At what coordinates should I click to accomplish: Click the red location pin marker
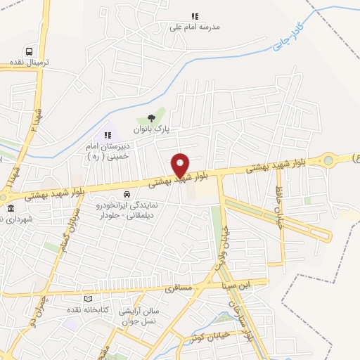point(181,165)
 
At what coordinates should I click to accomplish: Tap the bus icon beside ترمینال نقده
point(29,51)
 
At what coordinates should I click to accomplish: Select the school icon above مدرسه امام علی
point(195,16)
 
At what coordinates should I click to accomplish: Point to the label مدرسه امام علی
point(195,27)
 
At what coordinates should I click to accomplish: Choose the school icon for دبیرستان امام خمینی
point(108,135)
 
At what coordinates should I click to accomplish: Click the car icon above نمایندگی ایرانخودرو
point(127,193)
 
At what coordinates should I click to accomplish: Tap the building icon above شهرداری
point(11,209)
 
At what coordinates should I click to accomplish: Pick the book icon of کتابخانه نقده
point(88,299)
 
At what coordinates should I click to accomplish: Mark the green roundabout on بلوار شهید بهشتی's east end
point(328,161)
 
